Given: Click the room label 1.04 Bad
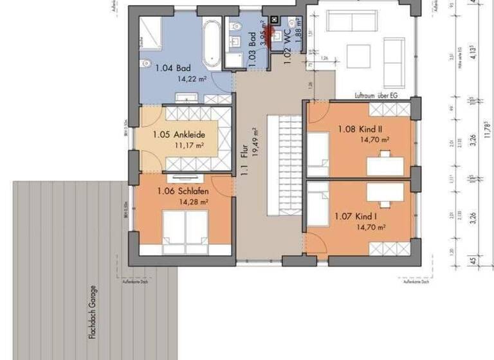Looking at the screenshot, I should coord(173,67).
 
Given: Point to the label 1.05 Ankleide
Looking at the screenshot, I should coord(179,135).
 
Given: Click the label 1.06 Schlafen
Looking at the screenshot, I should coord(182,191).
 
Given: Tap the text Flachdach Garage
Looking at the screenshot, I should coord(94,312).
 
